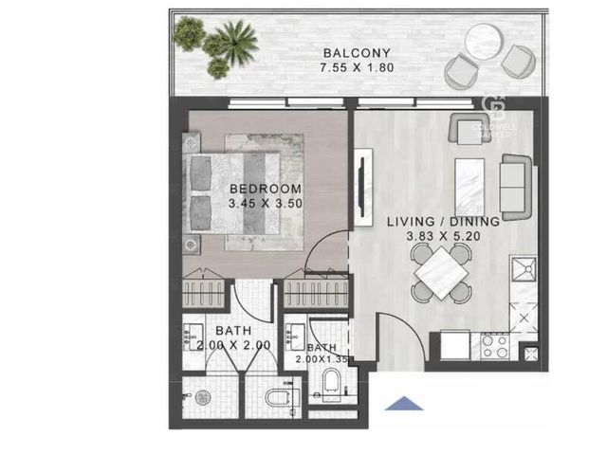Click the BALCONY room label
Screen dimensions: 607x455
click(357, 53)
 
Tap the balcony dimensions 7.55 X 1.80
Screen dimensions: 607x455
click(357, 67)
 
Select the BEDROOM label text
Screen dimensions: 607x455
click(266, 189)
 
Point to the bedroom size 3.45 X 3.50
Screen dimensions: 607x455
click(266, 203)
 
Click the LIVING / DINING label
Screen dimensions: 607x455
click(444, 222)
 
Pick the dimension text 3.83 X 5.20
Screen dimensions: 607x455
click(444, 236)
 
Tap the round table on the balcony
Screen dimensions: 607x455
click(484, 41)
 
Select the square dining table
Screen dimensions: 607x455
click(442, 273)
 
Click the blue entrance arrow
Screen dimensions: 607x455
click(404, 404)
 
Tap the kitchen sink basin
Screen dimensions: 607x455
click(524, 269)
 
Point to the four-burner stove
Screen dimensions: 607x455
click(495, 347)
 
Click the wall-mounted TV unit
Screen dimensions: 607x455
click(363, 187)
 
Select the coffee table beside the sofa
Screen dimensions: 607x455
click(469, 188)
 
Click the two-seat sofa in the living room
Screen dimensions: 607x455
click(516, 188)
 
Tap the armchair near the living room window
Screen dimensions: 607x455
click(470, 129)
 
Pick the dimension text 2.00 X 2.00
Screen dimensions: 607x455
click(233, 345)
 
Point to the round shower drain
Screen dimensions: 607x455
click(203, 397)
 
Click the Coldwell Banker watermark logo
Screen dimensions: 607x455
click(493, 116)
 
